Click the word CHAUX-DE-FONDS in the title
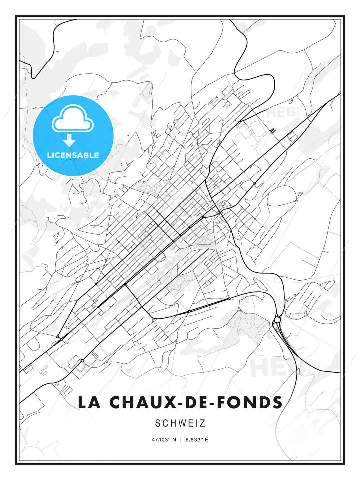(196, 402)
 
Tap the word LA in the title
(89, 402)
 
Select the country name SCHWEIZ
(180, 423)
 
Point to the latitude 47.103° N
(164, 440)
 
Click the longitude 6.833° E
(197, 440)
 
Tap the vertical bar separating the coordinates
(181, 440)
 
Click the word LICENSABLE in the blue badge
(73, 155)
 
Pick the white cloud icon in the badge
(72, 118)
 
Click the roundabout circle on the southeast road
(277, 320)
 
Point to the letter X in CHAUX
(167, 402)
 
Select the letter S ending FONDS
(277, 402)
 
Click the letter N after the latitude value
(174, 440)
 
